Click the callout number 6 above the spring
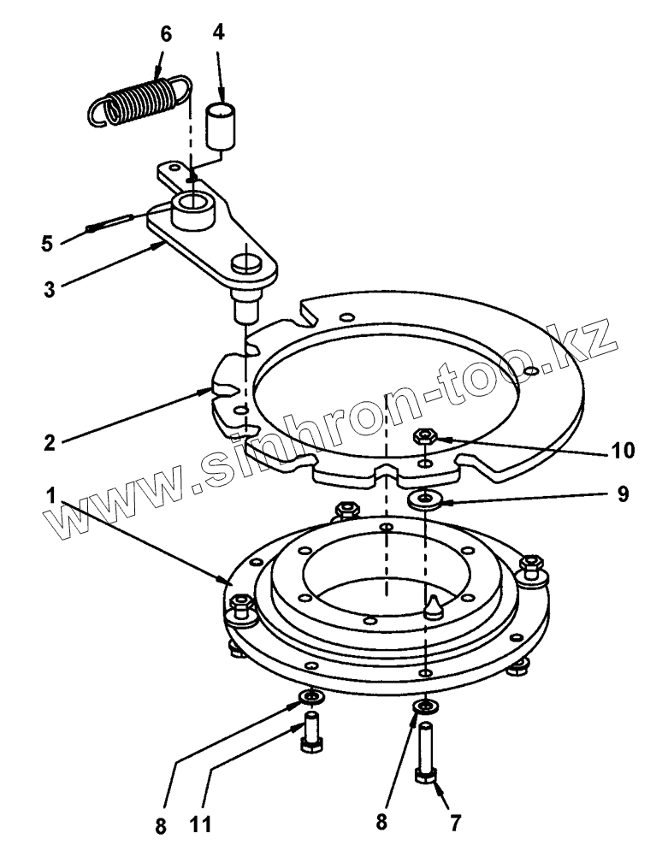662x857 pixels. [x=165, y=34]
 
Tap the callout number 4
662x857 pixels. [x=219, y=34]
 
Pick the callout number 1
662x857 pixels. [x=51, y=495]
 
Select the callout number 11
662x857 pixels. [x=198, y=827]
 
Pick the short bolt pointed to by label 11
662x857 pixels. [x=310, y=731]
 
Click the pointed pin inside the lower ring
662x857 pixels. [x=433, y=605]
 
